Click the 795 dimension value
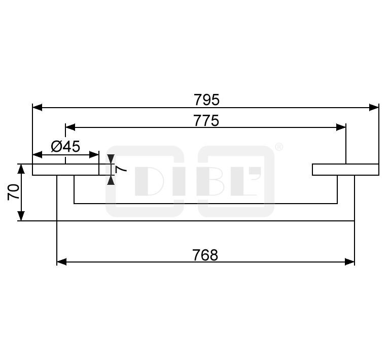coord(206,100)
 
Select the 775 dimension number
coord(206,121)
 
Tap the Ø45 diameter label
coord(65,146)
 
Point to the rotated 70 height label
coord(14,192)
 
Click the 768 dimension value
coord(205,255)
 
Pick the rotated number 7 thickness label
coord(121,169)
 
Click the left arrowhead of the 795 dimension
coord(38,108)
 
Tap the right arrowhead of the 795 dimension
coord(374,108)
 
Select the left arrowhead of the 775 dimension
coord(70,127)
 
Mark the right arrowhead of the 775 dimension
coord(341,127)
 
